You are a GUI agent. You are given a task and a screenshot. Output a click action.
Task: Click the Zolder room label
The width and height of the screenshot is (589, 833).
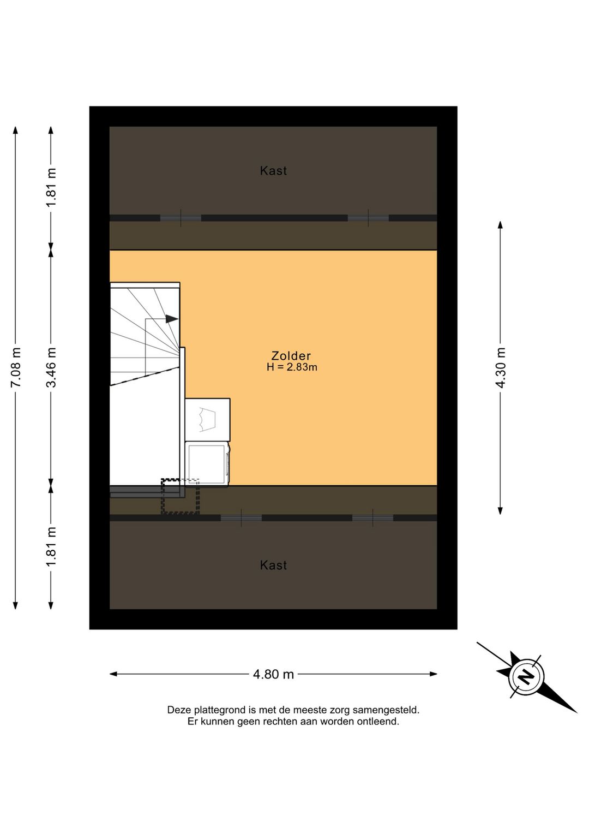291,356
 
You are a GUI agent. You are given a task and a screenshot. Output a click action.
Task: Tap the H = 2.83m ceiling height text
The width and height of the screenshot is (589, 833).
292,367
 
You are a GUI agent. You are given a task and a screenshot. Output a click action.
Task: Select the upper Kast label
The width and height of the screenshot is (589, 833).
273,171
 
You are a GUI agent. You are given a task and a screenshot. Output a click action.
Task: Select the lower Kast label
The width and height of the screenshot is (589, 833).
273,566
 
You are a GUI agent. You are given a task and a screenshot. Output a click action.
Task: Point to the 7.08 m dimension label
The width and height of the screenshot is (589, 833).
16,367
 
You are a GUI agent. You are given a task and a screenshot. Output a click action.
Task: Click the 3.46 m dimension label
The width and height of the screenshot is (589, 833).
51,367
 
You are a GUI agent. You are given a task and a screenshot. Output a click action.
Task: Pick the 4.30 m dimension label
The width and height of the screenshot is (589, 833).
501,367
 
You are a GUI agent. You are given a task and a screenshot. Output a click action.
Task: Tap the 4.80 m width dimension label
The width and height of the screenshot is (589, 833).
273,674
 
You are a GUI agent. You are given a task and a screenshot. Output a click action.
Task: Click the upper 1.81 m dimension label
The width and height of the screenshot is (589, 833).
51,188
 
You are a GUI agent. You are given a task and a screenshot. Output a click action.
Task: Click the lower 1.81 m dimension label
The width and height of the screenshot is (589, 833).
51,546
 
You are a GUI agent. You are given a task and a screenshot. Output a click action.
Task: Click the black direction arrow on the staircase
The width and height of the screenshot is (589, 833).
172,319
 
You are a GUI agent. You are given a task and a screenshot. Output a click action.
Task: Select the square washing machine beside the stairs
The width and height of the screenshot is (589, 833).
207,464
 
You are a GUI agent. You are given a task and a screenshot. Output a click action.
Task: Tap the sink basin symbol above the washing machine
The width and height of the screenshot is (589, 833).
207,419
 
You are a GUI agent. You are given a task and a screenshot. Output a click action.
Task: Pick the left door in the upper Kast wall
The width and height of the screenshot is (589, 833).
181,218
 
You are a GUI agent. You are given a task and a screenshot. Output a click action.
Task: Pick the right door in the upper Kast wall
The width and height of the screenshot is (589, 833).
368,218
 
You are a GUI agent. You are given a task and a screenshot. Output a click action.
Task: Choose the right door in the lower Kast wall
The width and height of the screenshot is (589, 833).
372,518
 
